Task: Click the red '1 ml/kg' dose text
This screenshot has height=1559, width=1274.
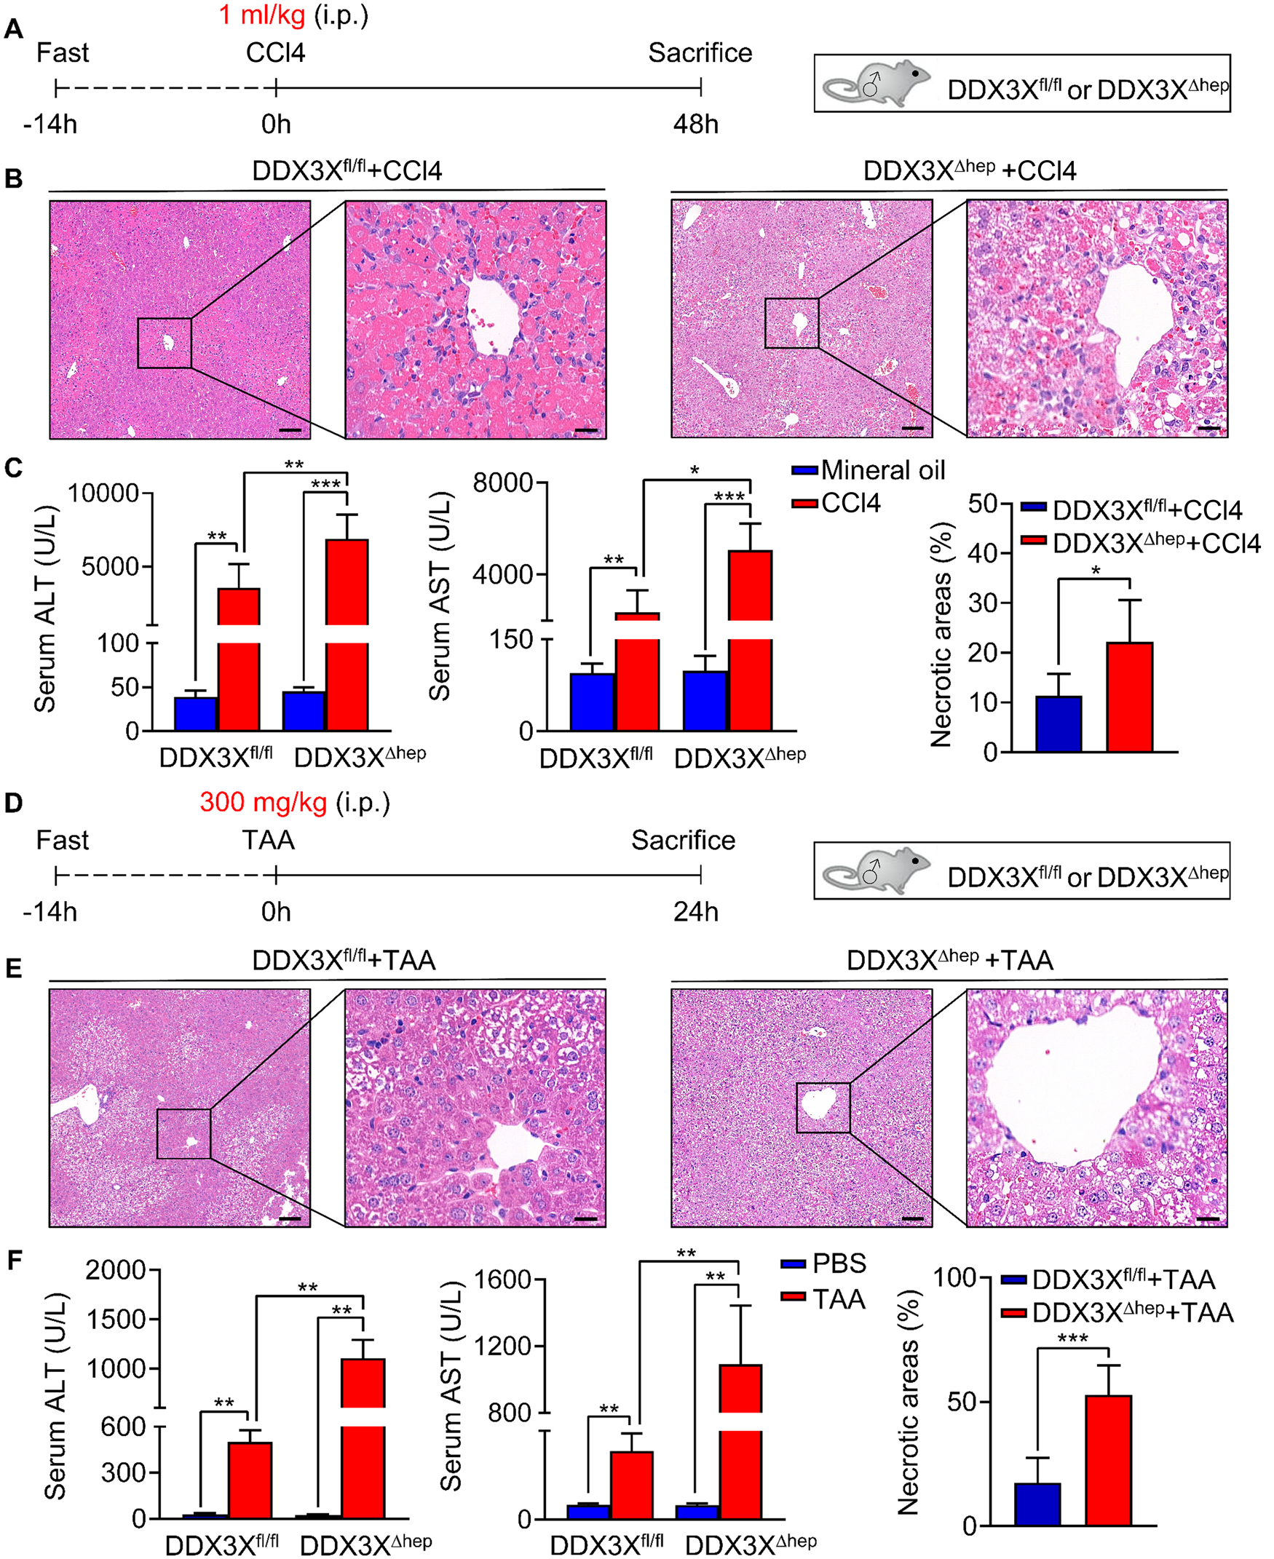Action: click(x=262, y=15)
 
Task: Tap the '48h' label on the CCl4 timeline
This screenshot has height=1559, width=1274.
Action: click(x=695, y=124)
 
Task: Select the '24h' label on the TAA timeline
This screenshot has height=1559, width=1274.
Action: click(x=695, y=912)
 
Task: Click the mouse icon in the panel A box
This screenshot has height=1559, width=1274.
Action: click(x=876, y=83)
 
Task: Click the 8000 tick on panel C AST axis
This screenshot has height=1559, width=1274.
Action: click(x=502, y=483)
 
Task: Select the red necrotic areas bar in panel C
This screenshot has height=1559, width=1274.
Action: click(x=1129, y=697)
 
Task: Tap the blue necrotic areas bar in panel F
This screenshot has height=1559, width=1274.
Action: click(x=1037, y=1504)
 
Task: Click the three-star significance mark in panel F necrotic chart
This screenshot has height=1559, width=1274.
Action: click(x=1072, y=1339)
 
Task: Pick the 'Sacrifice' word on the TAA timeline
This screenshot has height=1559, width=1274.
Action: click(x=683, y=840)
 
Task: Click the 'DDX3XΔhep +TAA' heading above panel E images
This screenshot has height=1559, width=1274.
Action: click(x=949, y=960)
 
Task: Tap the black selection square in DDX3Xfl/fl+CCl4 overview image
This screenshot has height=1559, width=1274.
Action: click(x=165, y=343)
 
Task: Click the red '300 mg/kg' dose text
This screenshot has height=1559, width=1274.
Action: click(x=263, y=803)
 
